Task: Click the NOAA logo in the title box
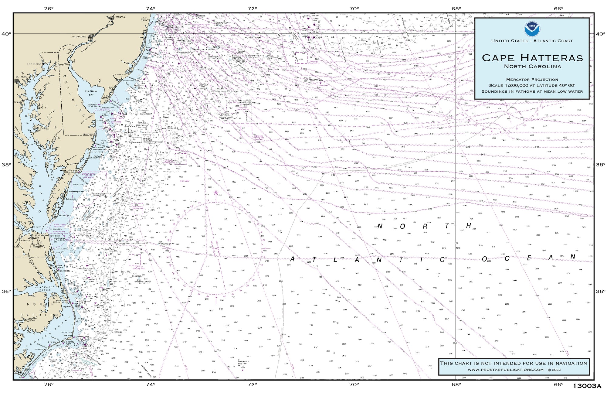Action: (x=532, y=29)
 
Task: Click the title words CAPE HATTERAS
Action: (x=532, y=58)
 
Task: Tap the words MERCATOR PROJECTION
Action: (x=532, y=80)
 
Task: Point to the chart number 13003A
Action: (x=587, y=386)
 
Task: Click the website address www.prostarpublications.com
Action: (x=505, y=370)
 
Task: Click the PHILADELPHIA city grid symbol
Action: (x=91, y=38)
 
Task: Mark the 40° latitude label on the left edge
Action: (x=6, y=34)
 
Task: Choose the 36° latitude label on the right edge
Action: (x=600, y=291)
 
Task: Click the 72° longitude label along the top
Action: (x=252, y=9)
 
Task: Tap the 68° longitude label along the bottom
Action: (x=456, y=384)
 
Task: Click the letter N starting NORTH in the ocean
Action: (x=380, y=226)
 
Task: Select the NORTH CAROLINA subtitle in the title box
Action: (x=532, y=67)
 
